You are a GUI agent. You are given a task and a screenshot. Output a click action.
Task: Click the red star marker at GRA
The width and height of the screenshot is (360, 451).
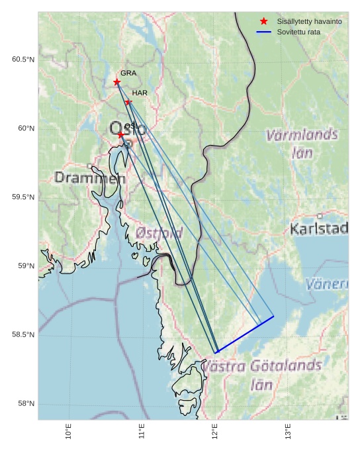pyautogui.click(x=117, y=82)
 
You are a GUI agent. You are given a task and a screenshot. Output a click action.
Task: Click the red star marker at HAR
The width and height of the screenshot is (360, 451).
pyautogui.click(x=128, y=102)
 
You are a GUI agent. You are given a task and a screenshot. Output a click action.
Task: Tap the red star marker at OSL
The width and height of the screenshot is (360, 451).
pyautogui.click(x=120, y=134)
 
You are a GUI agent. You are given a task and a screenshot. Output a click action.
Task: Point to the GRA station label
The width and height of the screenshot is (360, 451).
pyautogui.click(x=128, y=74)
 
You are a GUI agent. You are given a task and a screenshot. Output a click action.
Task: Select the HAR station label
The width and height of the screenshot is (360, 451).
pyautogui.click(x=140, y=93)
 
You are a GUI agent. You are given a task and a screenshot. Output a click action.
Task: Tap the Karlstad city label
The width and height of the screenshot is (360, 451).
pyautogui.click(x=319, y=229)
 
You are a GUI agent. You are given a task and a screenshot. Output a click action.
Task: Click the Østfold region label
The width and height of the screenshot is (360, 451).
pyautogui.click(x=159, y=233)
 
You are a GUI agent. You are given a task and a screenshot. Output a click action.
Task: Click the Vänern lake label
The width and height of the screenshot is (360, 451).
pyautogui.click(x=327, y=284)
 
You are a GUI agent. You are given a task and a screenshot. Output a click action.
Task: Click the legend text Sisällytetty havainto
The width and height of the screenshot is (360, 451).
pyautogui.click(x=309, y=22)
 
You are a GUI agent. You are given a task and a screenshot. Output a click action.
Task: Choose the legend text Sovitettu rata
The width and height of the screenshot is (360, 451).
pyautogui.click(x=298, y=32)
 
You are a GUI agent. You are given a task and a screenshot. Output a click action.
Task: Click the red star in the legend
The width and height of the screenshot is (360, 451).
pyautogui.click(x=263, y=22)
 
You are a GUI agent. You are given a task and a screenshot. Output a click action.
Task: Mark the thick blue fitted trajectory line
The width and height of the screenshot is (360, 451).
pyautogui.click(x=245, y=334)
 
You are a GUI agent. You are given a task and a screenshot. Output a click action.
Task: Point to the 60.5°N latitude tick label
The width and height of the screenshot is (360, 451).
pyautogui.click(x=23, y=60)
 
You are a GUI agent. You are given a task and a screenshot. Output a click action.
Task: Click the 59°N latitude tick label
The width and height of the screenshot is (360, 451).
pyautogui.click(x=25, y=266)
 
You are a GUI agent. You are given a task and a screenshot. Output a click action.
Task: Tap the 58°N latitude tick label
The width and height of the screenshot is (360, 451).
pyautogui.click(x=25, y=404)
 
